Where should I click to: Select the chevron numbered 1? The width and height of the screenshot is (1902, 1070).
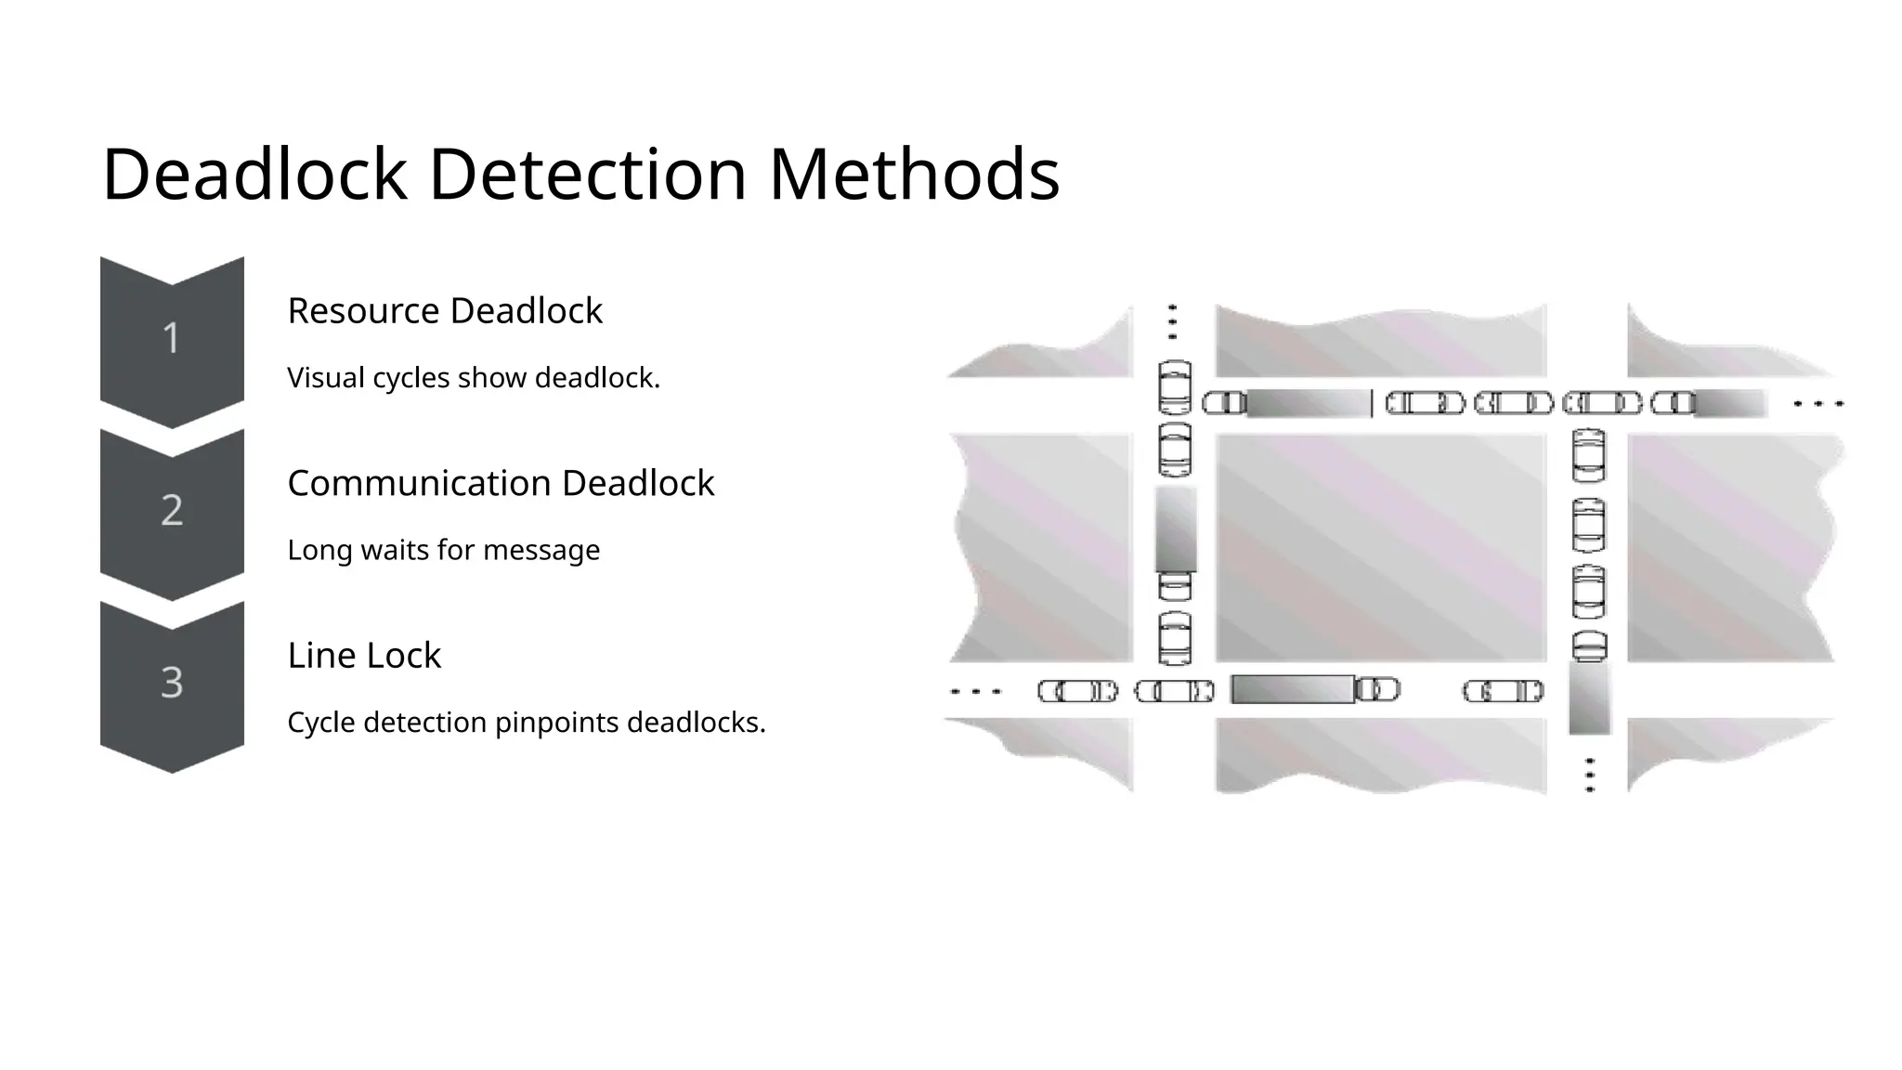coord(172,338)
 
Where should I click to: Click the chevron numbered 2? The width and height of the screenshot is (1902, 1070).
coord(172,510)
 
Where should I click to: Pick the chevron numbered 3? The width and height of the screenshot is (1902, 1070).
coord(172,683)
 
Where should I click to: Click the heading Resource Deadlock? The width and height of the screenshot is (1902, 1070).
coord(445,311)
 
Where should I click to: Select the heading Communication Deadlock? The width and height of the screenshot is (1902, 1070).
coord(501,483)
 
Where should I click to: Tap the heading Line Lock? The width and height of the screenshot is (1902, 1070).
coord(364,656)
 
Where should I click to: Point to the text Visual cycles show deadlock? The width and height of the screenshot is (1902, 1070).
coord(474,378)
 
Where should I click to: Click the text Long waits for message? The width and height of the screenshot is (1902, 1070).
coord(444,550)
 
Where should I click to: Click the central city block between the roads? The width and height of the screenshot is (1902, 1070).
coord(1380,548)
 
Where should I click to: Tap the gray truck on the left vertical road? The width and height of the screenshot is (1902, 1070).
coord(1176,529)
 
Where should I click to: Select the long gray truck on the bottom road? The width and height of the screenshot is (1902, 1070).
coord(1292,690)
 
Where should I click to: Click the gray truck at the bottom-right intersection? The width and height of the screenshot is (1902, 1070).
coord(1589,698)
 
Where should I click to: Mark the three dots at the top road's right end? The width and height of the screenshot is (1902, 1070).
coord(1818,404)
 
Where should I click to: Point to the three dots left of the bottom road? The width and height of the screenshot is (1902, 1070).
coord(975,691)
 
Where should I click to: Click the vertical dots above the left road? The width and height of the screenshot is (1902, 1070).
coord(1172,321)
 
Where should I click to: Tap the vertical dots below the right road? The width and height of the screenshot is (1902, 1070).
coord(1590,775)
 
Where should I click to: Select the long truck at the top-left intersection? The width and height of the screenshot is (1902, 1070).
coord(1307,404)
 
